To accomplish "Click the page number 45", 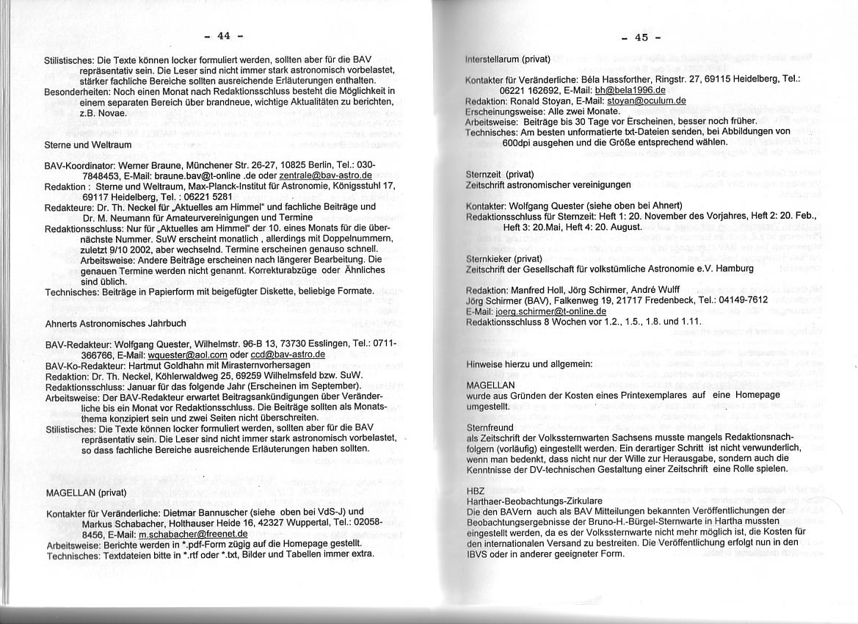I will click(641, 37).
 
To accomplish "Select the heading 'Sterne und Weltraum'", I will click(88, 145).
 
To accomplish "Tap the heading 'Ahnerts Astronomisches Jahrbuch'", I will click(115, 323).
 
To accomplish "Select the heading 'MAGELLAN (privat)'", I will click(87, 491).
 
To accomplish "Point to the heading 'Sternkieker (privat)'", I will click(499, 259).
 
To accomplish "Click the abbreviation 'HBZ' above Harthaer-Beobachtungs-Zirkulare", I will click(476, 490).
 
